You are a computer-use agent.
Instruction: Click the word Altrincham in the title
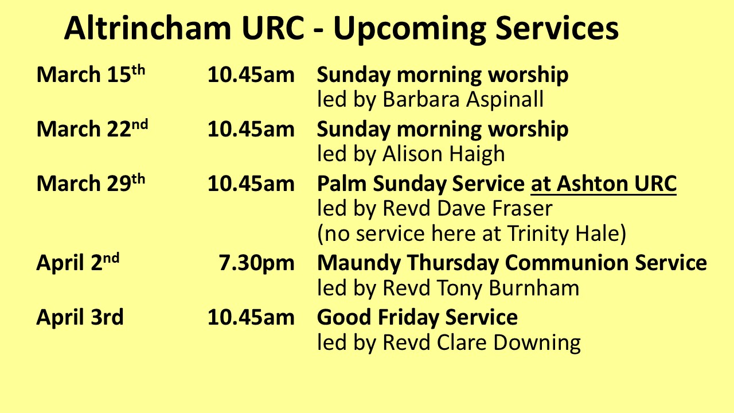pos(148,28)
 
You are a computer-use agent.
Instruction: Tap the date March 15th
pos(91,74)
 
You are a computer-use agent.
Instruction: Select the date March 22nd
pos(92,128)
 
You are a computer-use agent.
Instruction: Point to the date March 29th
pos(91,182)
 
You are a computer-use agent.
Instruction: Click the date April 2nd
pos(78,262)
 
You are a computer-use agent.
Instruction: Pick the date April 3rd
pos(80,317)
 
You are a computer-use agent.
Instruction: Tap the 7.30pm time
pos(256,263)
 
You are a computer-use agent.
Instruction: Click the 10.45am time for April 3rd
pos(251,317)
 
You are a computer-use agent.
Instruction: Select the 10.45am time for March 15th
pos(251,75)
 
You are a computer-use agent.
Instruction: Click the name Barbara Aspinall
pos(463,99)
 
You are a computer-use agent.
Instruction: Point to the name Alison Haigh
pos(444,154)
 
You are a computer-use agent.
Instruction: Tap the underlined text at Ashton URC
pos(604,184)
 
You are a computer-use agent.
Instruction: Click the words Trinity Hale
pos(563,233)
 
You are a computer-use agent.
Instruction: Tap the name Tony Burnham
pos(508,288)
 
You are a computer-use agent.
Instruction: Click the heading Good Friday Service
pos(417,318)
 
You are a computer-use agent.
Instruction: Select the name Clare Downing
pos(509,343)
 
